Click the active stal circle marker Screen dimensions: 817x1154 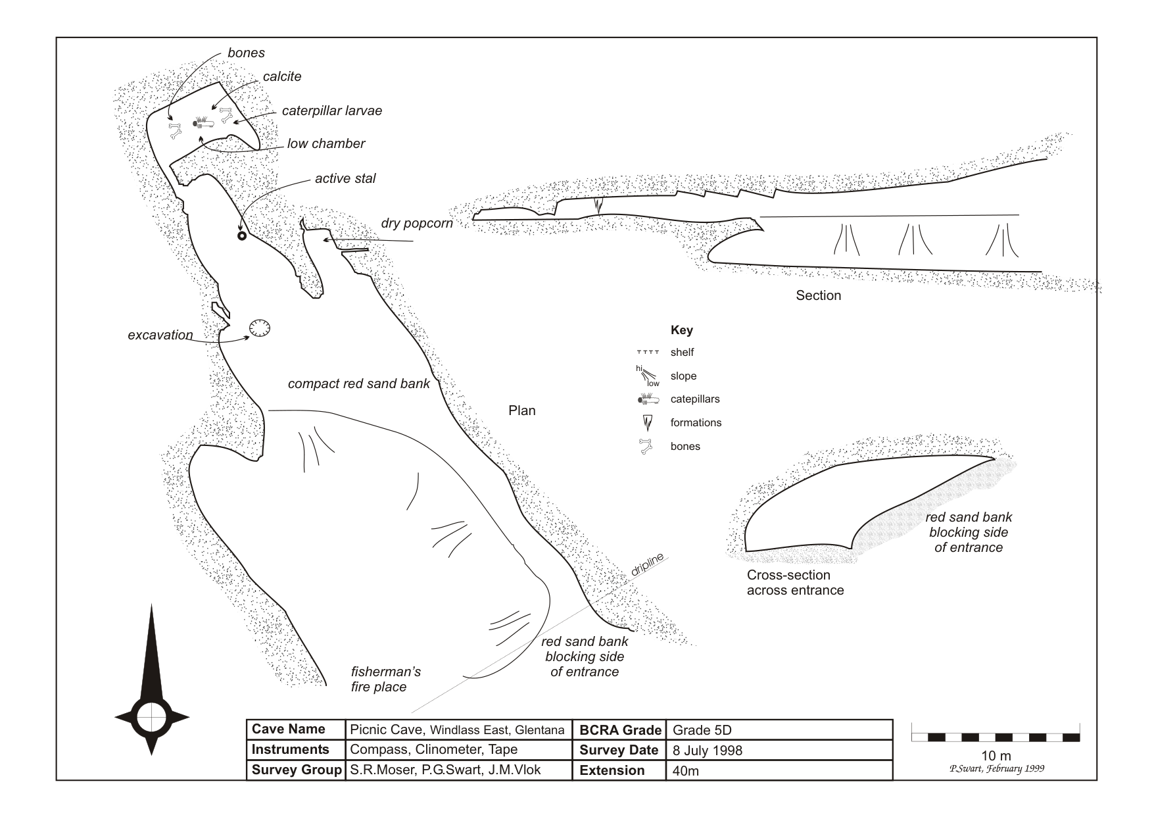tap(241, 235)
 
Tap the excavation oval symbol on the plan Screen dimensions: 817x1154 tap(260, 328)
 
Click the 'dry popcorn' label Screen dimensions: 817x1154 tap(417, 223)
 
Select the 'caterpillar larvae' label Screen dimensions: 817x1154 tap(331, 111)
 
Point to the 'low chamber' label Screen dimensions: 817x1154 tap(325, 143)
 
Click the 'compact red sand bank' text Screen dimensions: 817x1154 tap(358, 384)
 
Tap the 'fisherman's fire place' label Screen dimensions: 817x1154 tap(385, 680)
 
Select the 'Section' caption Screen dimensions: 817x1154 tap(818, 295)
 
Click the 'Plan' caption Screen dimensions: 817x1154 tap(521, 410)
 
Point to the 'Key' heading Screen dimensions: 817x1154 tap(681, 330)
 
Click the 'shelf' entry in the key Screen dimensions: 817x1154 tap(682, 353)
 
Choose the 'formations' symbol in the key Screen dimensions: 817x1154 tap(648, 422)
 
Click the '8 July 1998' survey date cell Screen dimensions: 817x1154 tap(707, 751)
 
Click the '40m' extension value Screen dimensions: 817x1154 tap(685, 771)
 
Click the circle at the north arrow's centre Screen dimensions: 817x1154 tap(152, 716)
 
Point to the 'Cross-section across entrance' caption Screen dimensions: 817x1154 tap(795, 582)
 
